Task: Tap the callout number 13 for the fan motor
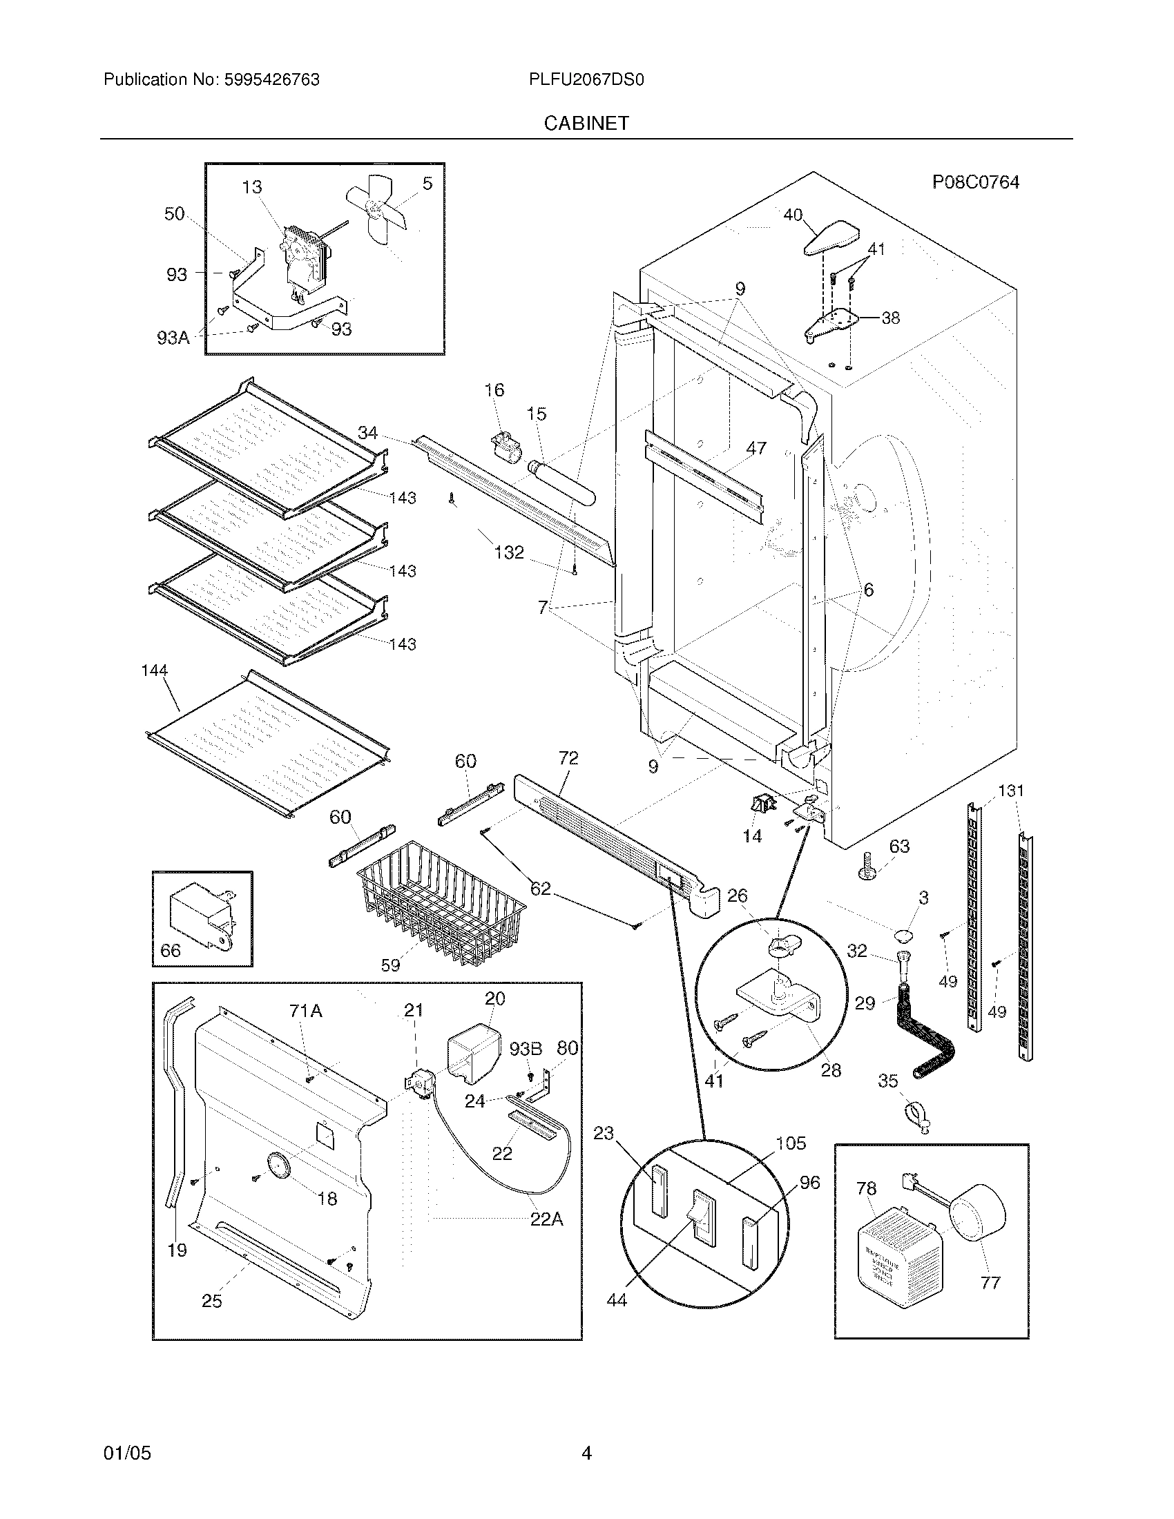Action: (x=252, y=187)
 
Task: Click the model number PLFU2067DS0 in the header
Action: (x=586, y=80)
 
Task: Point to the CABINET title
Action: (x=586, y=123)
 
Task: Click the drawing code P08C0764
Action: (x=975, y=182)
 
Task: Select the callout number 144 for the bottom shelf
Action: (x=155, y=670)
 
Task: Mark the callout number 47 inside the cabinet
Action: (x=756, y=449)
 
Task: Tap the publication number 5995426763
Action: (x=271, y=80)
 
